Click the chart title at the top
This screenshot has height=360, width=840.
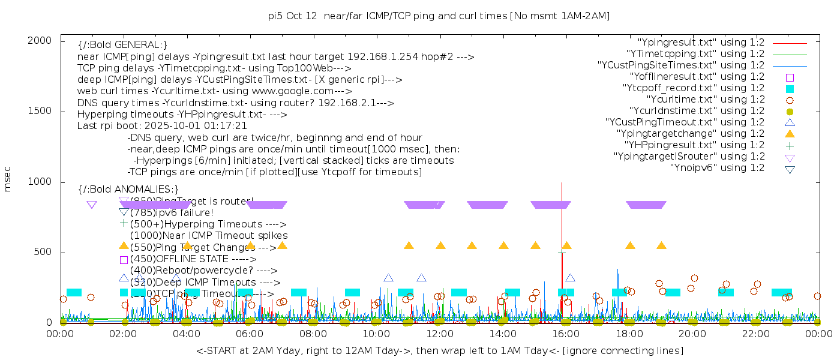coord(439,16)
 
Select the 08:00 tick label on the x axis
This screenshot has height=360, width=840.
coord(313,334)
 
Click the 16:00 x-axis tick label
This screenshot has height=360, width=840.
coord(566,334)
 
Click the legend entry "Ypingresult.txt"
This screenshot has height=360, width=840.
coord(701,43)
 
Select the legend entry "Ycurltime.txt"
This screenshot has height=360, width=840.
coord(705,100)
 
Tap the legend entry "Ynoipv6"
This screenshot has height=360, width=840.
coord(717,168)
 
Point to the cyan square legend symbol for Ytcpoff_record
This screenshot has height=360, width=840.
coord(790,88)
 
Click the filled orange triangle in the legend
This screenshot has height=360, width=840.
coord(790,133)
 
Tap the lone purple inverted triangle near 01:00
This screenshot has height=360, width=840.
coord(91,205)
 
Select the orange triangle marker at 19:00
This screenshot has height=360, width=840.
coord(661,245)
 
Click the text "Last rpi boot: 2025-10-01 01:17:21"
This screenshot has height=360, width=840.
coord(162,126)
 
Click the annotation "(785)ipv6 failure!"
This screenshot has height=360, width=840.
coord(172,212)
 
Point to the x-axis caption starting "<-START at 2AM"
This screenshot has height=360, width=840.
coord(439,350)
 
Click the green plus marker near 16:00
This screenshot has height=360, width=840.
coord(562,253)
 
